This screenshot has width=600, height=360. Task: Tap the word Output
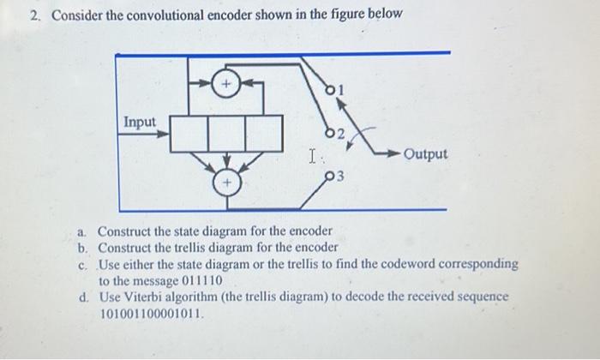[426, 154]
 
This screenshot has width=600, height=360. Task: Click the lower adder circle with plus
[227, 183]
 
